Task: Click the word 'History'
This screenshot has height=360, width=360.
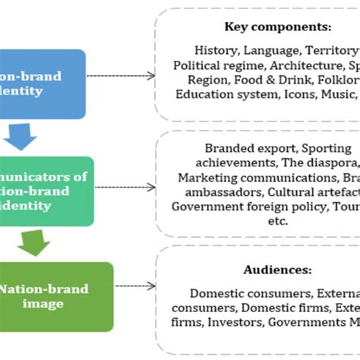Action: [216, 50]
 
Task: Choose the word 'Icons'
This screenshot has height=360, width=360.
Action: [304, 94]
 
